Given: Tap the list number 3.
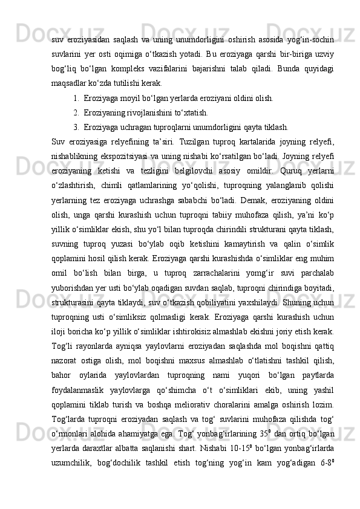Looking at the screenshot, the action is pyautogui.click(x=74, y=128).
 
